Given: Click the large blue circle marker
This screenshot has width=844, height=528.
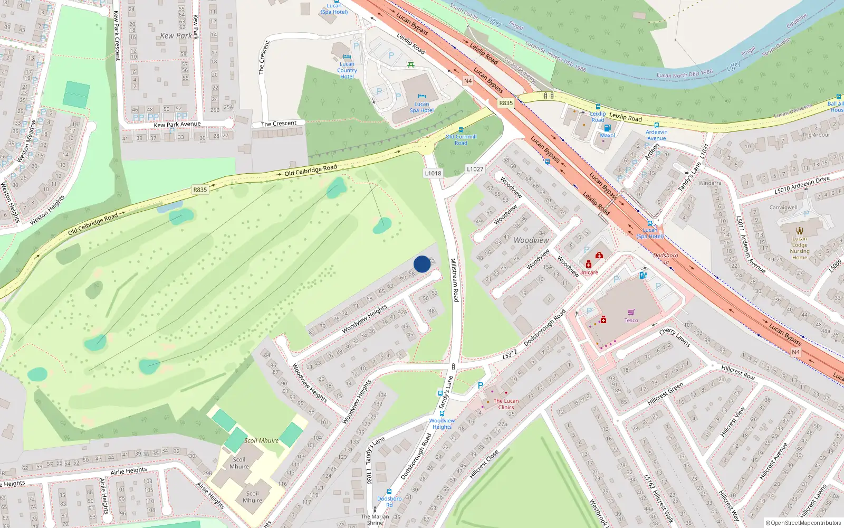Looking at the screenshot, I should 421,263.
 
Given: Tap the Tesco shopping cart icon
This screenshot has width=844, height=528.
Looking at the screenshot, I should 631,313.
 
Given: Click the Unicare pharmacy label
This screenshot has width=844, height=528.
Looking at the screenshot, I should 589,272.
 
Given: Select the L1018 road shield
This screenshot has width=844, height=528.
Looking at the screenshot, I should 433,173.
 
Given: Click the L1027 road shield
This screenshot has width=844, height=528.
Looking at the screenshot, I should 475,169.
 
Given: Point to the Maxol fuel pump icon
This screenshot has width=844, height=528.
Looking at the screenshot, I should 607,128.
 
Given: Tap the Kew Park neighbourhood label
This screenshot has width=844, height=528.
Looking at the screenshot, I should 176,36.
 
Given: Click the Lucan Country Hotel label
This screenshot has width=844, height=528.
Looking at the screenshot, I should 347,70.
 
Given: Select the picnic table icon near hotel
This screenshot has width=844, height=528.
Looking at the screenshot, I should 411,65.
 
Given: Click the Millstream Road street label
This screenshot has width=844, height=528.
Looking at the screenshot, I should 454,280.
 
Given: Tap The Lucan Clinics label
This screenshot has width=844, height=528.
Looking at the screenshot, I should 506,404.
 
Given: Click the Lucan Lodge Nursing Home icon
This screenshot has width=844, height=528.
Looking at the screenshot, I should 800,231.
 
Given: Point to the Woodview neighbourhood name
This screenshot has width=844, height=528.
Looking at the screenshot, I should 531,240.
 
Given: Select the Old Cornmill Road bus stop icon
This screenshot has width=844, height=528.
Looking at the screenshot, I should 461,130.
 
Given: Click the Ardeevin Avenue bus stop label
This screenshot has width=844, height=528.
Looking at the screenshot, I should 657,135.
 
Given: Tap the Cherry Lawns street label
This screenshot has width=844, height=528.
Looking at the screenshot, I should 675,337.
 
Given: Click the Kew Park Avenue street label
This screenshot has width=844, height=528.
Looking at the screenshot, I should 177,125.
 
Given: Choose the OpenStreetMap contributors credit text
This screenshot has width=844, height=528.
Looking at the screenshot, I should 803,523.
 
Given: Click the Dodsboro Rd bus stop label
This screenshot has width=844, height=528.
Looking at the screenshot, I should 389,502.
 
